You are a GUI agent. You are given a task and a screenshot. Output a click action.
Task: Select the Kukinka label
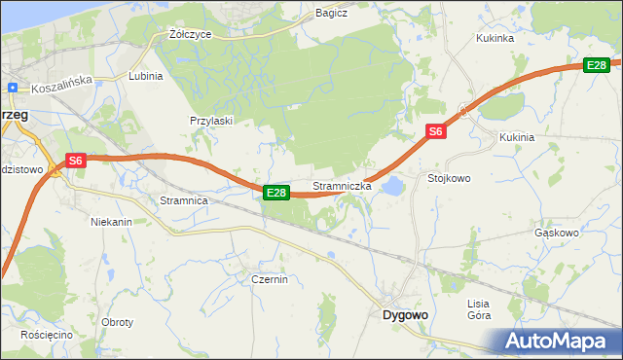(x=494, y=39)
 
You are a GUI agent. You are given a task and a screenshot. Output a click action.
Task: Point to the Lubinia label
(x=145, y=75)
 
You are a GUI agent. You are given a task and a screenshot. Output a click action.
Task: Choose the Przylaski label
(x=210, y=121)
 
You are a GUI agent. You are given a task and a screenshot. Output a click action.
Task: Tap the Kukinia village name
(x=517, y=137)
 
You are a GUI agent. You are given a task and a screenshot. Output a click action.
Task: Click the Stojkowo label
(x=449, y=179)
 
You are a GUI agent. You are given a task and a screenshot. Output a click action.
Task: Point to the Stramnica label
(x=184, y=200)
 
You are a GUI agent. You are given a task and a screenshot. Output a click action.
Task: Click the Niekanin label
(x=111, y=222)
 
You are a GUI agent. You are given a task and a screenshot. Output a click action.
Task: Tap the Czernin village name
(x=269, y=279)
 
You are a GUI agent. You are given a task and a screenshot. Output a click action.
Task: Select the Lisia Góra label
(x=479, y=309)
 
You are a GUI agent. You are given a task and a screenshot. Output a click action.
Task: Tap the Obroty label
(x=117, y=322)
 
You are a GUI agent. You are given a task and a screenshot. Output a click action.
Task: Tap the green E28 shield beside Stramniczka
(x=276, y=193)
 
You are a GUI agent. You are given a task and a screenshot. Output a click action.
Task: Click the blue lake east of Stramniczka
(x=392, y=185)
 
